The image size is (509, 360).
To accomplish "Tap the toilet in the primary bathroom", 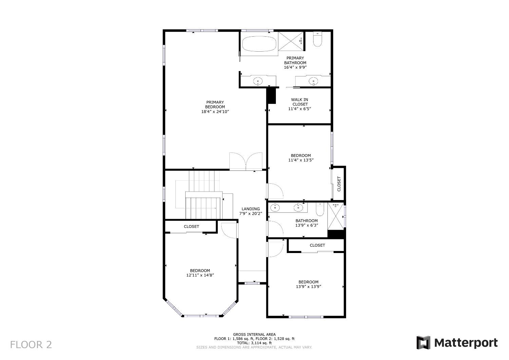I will pyautogui.click(x=317, y=40).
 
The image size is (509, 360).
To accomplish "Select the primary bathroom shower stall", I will pyautogui.click(x=290, y=41).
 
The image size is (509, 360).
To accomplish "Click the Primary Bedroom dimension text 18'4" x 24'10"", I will pyautogui.click(x=215, y=111).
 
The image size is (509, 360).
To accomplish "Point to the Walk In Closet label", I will pyautogui.click(x=300, y=102).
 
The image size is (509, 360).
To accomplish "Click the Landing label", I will pyautogui.click(x=250, y=209).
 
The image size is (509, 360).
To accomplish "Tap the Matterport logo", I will pyautogui.click(x=457, y=342).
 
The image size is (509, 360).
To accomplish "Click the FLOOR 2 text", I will pyautogui.click(x=31, y=345).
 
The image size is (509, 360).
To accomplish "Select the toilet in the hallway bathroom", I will pyautogui.click(x=320, y=210).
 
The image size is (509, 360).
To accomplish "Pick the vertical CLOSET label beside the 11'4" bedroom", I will pyautogui.click(x=339, y=184).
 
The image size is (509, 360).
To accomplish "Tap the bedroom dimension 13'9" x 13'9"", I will pyautogui.click(x=308, y=286).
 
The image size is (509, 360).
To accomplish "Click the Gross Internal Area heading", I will pyautogui.click(x=254, y=334).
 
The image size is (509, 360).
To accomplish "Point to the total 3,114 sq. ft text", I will pyautogui.click(x=254, y=343).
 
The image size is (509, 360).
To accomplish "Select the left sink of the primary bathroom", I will pyautogui.click(x=258, y=81).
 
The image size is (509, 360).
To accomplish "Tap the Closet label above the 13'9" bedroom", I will pyautogui.click(x=317, y=245).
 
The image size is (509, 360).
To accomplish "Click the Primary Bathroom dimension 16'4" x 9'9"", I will pyautogui.click(x=295, y=67).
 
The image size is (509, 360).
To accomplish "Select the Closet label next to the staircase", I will pyautogui.click(x=191, y=227).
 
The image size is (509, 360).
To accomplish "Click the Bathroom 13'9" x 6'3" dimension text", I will pyautogui.click(x=306, y=225).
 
